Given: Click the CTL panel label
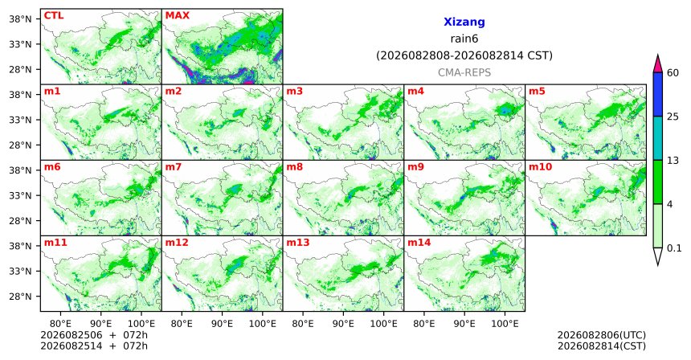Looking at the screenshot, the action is point(54,16).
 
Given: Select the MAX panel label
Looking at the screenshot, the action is point(177,16).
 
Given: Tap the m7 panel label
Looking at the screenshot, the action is point(173,167).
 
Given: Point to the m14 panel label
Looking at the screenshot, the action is point(419,243).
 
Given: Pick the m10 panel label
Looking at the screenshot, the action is point(540,167).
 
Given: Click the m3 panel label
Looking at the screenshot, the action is point(294,92).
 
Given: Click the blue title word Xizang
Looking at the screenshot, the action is point(464,22).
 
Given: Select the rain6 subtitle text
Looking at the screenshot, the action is point(464,39).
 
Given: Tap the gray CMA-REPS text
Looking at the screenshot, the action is point(464,72).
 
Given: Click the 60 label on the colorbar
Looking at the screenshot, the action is point(673,72).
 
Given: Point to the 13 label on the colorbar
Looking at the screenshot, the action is point(673,161).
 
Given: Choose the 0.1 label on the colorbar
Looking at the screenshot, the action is point(674,248).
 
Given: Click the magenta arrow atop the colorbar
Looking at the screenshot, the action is point(658,65).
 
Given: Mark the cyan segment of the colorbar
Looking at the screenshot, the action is point(658,138).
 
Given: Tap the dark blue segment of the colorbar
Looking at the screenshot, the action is point(658,94).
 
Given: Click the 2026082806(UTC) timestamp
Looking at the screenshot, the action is point(602,336).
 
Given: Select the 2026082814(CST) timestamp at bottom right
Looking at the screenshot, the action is point(602,346).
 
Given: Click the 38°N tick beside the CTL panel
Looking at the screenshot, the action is point(21,19).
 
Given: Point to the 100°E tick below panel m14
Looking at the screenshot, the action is point(505,325).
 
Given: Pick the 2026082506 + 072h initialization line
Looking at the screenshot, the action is point(94,336).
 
